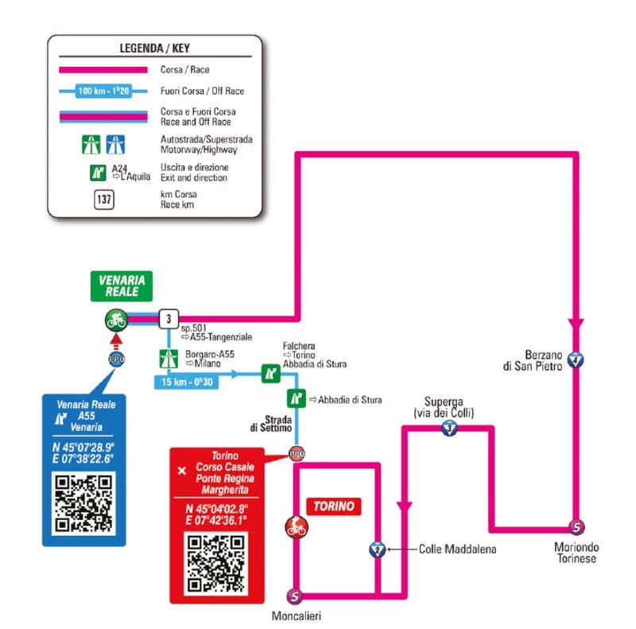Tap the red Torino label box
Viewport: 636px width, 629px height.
(x=333, y=506)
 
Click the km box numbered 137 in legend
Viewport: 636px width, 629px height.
(x=103, y=199)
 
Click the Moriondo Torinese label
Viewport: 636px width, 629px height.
(x=576, y=553)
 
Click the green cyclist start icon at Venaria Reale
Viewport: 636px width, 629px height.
(x=116, y=320)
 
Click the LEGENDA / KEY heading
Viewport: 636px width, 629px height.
(x=154, y=47)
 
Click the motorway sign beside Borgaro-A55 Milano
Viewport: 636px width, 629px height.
(x=168, y=359)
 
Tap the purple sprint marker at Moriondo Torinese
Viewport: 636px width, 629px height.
(x=576, y=526)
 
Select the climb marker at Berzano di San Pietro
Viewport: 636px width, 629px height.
(x=576, y=360)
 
